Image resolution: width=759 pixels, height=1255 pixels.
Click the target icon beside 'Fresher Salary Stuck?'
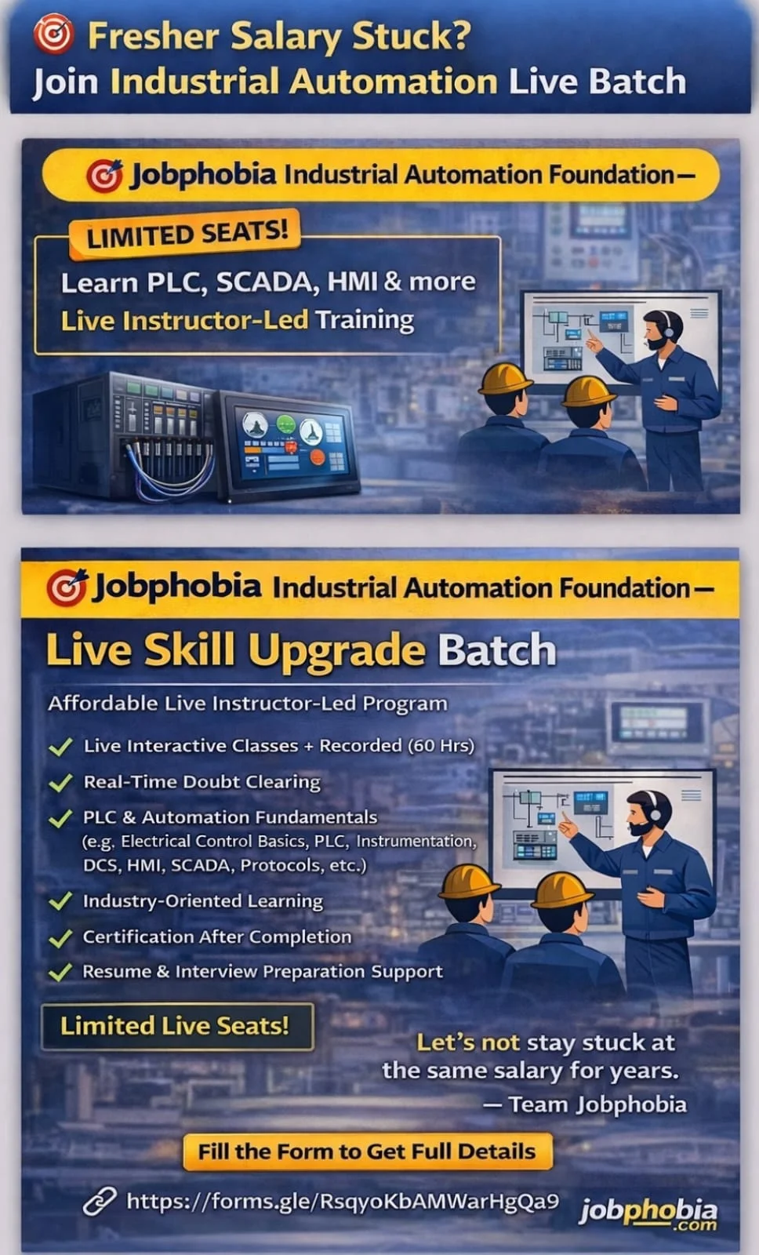(x=53, y=35)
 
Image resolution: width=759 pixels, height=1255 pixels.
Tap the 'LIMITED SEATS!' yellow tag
(x=187, y=233)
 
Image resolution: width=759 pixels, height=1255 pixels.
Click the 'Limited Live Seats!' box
(x=176, y=1026)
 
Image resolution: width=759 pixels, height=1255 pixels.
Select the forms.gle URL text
(x=342, y=1201)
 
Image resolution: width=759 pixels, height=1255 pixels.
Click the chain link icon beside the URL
(x=100, y=1202)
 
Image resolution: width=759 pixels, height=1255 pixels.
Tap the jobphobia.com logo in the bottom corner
(x=648, y=1213)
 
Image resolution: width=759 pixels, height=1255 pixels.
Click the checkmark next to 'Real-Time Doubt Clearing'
(x=60, y=782)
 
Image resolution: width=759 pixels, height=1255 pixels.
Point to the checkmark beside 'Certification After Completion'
(x=60, y=937)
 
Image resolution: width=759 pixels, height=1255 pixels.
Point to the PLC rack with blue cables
(x=129, y=435)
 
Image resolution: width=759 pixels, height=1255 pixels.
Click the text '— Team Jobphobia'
(x=584, y=1104)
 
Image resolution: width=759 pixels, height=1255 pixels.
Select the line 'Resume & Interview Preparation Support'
(x=262, y=972)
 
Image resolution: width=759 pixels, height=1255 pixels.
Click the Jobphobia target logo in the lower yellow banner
(x=67, y=587)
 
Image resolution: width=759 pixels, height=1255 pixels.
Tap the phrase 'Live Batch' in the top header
(x=597, y=82)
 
